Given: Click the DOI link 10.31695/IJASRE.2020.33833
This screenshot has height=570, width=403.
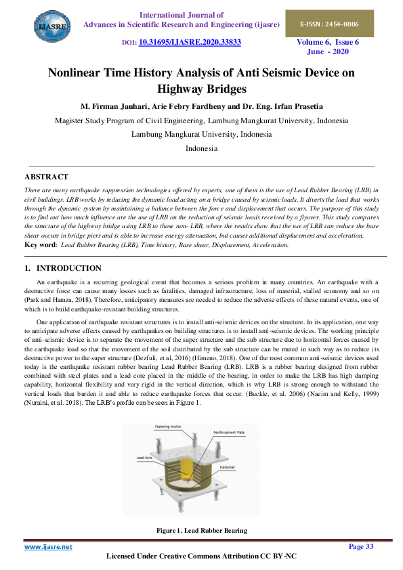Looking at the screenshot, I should pyautogui.click(x=190, y=42).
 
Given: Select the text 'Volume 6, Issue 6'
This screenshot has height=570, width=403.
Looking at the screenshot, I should pyautogui.click(x=327, y=42).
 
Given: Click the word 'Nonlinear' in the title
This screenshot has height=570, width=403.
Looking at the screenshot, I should pyautogui.click(x=79, y=73).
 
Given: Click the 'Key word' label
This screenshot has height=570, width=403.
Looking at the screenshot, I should pyautogui.click(x=40, y=244).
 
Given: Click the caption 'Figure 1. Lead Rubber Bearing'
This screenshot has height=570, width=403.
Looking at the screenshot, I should pyautogui.click(x=201, y=531).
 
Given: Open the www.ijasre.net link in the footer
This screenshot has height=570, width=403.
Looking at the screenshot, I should pyautogui.click(x=48, y=546).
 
